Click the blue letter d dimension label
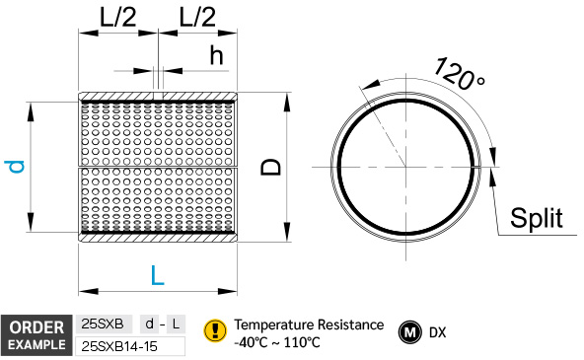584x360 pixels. point(15,167)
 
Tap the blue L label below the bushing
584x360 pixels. point(157,275)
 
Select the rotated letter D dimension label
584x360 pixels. point(270,167)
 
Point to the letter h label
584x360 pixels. point(216,55)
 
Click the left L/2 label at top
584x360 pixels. point(117,17)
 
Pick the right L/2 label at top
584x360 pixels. point(197,17)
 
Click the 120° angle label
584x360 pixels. point(460,74)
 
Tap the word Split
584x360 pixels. point(537,218)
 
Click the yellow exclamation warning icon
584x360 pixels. point(215,330)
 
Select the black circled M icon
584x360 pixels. point(410,332)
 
